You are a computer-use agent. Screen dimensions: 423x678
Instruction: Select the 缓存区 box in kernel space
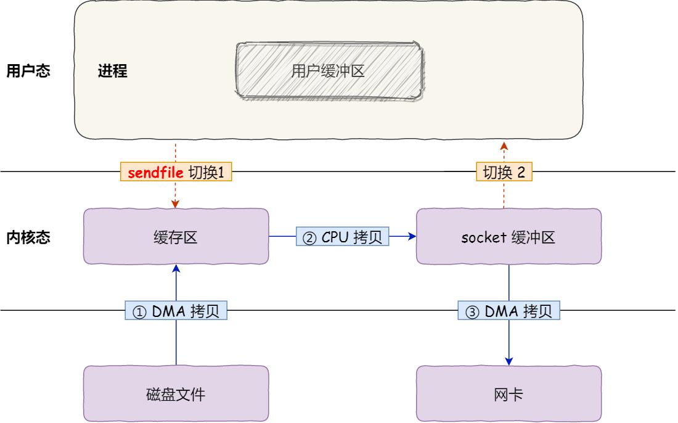(x=176, y=237)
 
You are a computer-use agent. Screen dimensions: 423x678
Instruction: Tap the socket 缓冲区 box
(x=508, y=237)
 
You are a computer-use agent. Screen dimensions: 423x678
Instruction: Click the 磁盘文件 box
(x=176, y=394)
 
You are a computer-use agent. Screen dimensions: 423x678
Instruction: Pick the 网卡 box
(x=508, y=394)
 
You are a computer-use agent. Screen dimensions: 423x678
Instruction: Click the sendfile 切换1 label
(x=176, y=173)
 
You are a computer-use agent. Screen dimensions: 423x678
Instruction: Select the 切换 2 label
(x=504, y=173)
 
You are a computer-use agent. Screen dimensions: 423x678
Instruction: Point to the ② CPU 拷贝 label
(x=343, y=237)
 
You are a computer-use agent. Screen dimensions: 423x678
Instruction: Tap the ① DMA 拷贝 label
(x=176, y=312)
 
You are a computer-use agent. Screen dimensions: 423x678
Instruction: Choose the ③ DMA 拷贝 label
(x=508, y=312)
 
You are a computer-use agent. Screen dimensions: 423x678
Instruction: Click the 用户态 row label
(x=28, y=71)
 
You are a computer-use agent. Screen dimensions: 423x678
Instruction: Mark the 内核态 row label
(x=28, y=237)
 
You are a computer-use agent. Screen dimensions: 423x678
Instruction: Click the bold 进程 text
(x=112, y=71)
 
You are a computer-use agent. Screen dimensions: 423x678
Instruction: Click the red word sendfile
(x=155, y=173)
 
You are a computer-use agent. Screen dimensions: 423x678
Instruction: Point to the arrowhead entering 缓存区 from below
(x=176, y=269)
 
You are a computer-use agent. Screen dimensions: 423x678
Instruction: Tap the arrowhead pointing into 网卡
(x=509, y=361)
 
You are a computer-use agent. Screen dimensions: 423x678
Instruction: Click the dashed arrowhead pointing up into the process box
(x=504, y=146)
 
